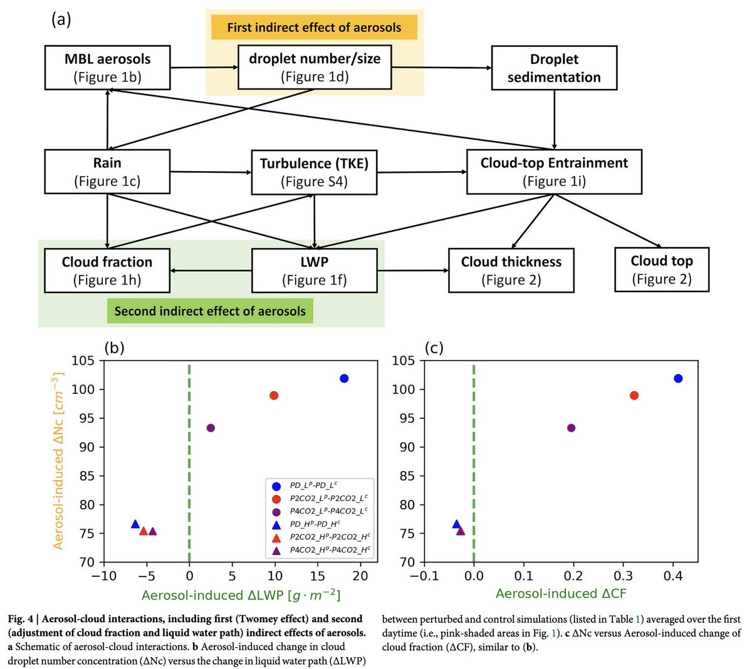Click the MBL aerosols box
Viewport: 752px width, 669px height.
[x=107, y=68]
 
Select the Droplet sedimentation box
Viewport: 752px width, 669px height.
[x=554, y=68]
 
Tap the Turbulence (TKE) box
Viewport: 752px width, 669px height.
[x=314, y=172]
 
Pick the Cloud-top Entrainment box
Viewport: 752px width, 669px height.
[x=554, y=172]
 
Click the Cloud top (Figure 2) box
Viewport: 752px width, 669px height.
[x=661, y=269]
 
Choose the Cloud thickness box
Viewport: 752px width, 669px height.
[x=511, y=270]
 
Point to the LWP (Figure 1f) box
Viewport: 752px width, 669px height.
[x=314, y=270]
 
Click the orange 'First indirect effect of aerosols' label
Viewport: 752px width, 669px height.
[x=314, y=28]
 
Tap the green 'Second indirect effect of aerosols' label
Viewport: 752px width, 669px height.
[x=210, y=311]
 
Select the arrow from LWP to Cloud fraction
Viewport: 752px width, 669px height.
[x=211, y=271]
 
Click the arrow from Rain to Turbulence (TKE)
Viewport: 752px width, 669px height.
[x=210, y=172]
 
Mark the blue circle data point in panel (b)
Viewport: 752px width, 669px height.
[x=344, y=378]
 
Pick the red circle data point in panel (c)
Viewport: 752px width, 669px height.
[x=634, y=395]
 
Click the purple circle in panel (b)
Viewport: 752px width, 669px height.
[x=211, y=428]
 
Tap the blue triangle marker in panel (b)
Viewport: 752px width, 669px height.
[x=135, y=524]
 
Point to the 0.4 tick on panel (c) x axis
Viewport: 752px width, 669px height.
[x=673, y=576]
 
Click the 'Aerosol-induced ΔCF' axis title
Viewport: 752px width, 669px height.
[x=561, y=593]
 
